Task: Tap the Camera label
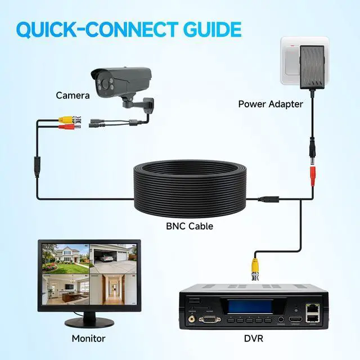(x=73, y=96)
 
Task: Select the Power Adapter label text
(x=271, y=104)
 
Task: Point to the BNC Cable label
(x=190, y=227)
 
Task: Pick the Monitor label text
(x=88, y=339)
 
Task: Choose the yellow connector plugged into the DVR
(x=255, y=264)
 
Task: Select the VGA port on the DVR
(x=210, y=320)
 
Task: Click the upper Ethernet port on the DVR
(x=312, y=308)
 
